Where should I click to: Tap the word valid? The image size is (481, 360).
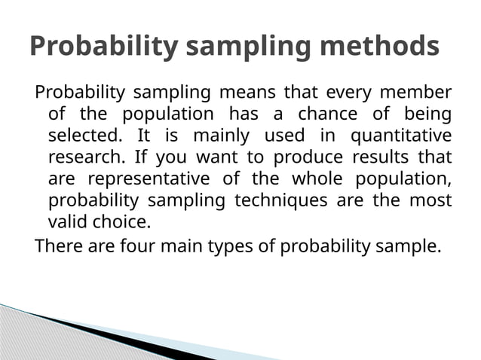point(67,224)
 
